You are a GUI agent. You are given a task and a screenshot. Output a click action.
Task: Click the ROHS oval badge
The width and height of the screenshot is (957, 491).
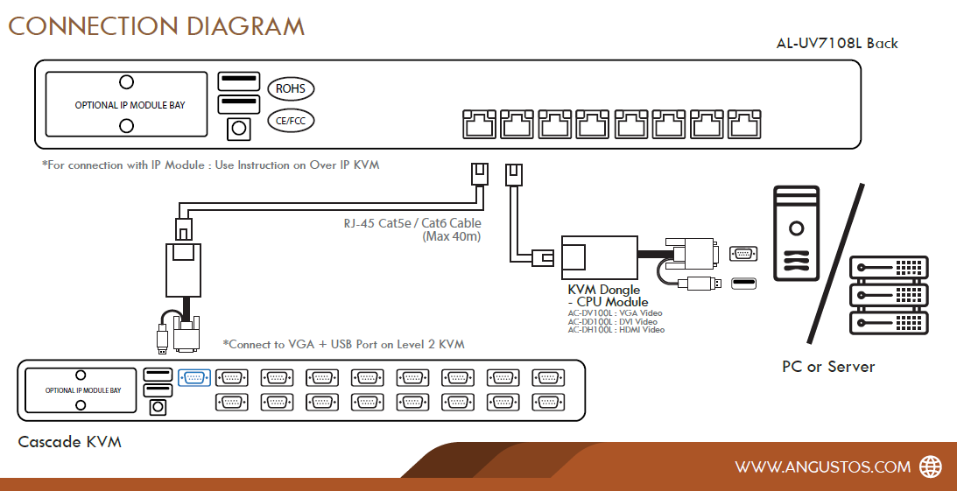pyautogui.click(x=290, y=88)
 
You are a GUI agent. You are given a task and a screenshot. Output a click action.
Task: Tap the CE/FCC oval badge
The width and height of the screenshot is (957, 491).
pyautogui.click(x=290, y=121)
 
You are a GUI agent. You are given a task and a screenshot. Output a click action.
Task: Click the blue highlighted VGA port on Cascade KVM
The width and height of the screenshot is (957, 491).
pyautogui.click(x=194, y=377)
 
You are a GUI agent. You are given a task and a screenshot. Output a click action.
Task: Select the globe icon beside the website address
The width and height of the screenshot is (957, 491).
pyautogui.click(x=930, y=466)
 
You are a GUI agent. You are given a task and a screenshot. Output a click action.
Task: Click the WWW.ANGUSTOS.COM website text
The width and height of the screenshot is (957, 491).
pyautogui.click(x=822, y=467)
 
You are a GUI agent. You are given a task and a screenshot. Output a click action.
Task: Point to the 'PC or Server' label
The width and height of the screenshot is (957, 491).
pyautogui.click(x=828, y=367)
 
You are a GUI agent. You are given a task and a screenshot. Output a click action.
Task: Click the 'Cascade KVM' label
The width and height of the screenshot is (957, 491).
pyautogui.click(x=69, y=442)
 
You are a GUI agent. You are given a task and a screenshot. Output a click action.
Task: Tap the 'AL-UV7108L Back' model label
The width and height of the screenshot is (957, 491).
pyautogui.click(x=836, y=43)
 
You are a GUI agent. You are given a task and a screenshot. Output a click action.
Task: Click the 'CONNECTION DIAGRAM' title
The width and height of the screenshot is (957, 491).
pyautogui.click(x=157, y=25)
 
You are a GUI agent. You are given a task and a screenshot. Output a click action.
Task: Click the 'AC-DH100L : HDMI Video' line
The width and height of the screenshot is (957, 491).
pyautogui.click(x=616, y=330)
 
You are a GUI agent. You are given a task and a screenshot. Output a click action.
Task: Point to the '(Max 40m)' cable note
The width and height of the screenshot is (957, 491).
pyautogui.click(x=451, y=236)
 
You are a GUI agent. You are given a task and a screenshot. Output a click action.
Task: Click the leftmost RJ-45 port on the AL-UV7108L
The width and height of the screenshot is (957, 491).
pyautogui.click(x=478, y=124)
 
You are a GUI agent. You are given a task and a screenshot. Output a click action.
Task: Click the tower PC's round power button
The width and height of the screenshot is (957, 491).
pyautogui.click(x=796, y=229)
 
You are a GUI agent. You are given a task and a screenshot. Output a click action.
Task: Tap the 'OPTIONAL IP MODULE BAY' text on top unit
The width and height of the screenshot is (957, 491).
pyautogui.click(x=130, y=105)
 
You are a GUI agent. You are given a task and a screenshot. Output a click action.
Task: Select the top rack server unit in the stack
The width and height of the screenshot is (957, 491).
pyautogui.click(x=889, y=266)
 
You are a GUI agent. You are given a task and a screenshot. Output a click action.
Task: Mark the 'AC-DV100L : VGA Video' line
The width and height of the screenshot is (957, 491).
pyautogui.click(x=615, y=312)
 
